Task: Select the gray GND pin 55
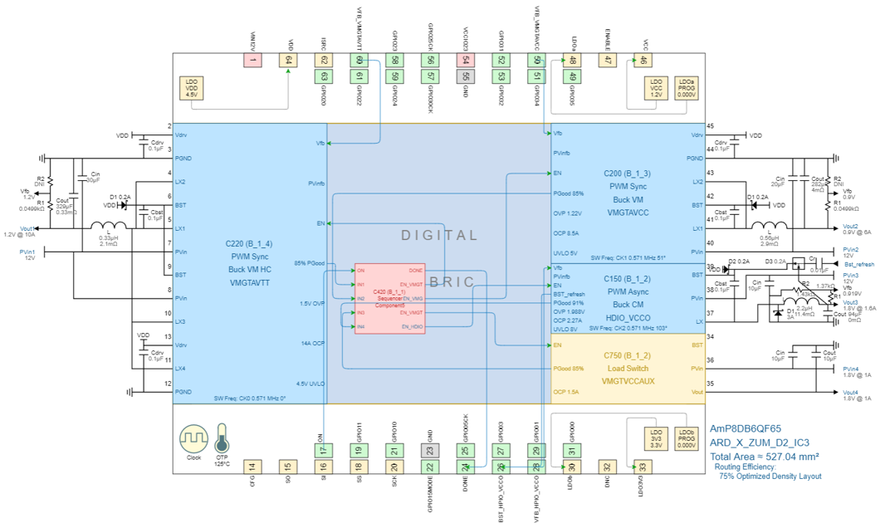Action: pyautogui.click(x=466, y=60)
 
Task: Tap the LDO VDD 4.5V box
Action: pyautogui.click(x=192, y=89)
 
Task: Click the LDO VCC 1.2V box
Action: pyautogui.click(x=657, y=89)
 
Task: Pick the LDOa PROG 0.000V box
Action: pyautogui.click(x=686, y=89)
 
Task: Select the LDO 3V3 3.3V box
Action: pyautogui.click(x=657, y=438)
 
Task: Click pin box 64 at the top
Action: pyautogui.click(x=288, y=60)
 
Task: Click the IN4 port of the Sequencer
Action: pyautogui.click(x=361, y=327)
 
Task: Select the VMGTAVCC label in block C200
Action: pyautogui.click(x=627, y=213)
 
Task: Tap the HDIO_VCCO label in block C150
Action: pyautogui.click(x=627, y=318)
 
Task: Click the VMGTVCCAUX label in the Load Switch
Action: pyautogui.click(x=627, y=381)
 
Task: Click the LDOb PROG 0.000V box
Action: pyautogui.click(x=686, y=438)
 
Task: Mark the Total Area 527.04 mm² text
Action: pyautogui.click(x=765, y=457)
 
